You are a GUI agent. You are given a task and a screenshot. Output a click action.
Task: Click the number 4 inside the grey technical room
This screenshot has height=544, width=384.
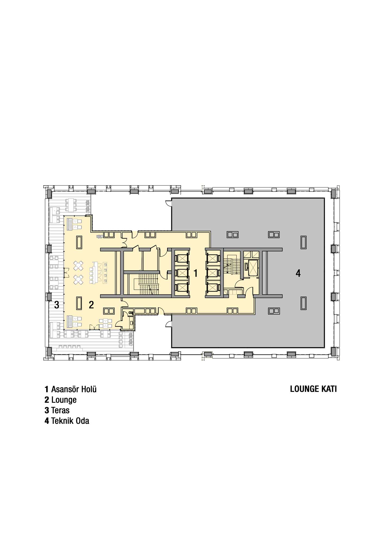(298, 273)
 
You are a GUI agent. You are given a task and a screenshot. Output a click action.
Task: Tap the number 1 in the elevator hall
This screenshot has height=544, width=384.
(195, 273)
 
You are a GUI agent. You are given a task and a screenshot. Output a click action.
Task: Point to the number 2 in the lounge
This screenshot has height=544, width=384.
(91, 305)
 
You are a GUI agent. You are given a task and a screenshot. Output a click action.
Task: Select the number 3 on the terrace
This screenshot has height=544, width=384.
(56, 305)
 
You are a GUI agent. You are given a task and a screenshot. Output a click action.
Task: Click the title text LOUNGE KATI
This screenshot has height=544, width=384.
(313, 389)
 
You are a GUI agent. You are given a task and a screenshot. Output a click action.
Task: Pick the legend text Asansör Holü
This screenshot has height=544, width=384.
(74, 389)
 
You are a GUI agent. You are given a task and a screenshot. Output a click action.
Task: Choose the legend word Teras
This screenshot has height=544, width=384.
(60, 410)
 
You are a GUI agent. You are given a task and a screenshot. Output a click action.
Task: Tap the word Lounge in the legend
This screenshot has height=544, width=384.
(64, 400)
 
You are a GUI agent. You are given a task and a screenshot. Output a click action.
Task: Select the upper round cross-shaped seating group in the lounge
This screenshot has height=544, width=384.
(78, 266)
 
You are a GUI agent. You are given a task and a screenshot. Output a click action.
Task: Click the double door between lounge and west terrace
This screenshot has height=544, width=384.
(65, 273)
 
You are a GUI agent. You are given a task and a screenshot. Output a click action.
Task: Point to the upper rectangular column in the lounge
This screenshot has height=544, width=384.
(79, 243)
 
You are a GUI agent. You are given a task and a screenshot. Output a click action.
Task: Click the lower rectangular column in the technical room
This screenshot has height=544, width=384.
(304, 303)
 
